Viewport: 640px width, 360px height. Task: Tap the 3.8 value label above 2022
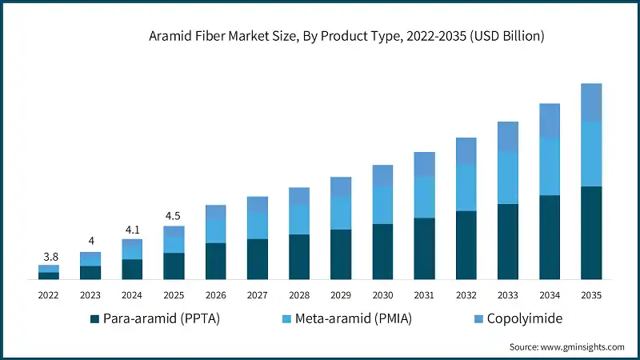(50, 257)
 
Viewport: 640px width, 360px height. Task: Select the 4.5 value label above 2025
(174, 216)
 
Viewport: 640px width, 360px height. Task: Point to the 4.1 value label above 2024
(132, 230)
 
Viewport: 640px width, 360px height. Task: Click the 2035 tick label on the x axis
(590, 295)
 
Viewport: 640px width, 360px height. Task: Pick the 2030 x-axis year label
(382, 295)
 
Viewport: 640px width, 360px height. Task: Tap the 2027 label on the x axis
(257, 295)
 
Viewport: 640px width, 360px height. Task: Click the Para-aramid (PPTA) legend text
(161, 318)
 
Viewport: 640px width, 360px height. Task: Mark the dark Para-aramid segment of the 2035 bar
(590, 233)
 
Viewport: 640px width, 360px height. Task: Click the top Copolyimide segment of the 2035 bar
(590, 102)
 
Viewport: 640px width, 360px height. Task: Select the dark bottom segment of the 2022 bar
(49, 276)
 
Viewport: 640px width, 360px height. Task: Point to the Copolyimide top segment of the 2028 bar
(298, 196)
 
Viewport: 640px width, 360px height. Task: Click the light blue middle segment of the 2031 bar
(424, 197)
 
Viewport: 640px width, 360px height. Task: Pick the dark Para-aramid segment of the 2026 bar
(215, 262)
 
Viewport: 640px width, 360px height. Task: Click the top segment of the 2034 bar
(549, 120)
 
